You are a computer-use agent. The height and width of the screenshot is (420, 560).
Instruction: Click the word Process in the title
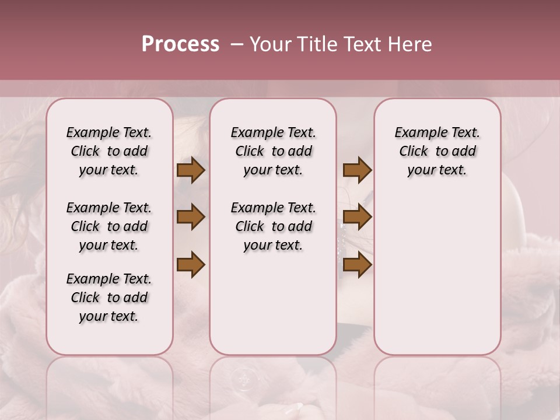(x=180, y=44)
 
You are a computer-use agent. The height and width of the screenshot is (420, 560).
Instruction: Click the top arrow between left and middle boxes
(x=191, y=170)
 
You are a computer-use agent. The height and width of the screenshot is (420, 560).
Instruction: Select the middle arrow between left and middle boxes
(x=191, y=218)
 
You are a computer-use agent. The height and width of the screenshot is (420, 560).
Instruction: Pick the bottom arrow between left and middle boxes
(x=191, y=265)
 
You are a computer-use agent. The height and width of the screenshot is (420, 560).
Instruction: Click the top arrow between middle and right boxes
(x=357, y=170)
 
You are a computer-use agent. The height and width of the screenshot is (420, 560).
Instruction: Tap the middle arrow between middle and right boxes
(x=357, y=218)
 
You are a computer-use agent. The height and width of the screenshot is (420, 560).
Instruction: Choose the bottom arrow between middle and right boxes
(x=357, y=265)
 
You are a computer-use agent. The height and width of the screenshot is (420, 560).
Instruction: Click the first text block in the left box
(x=109, y=151)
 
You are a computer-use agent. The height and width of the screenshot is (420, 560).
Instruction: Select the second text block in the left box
(x=109, y=226)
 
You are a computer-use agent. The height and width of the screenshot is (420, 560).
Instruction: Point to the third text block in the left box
(x=109, y=297)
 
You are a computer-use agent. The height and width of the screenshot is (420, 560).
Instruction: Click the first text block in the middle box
(x=273, y=151)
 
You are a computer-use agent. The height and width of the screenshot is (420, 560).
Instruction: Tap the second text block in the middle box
(x=273, y=226)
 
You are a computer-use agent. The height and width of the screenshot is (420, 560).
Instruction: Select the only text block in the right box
(x=437, y=151)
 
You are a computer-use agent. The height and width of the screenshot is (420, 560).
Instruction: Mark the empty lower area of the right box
(x=437, y=274)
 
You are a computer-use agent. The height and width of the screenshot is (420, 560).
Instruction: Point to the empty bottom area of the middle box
(x=273, y=309)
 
